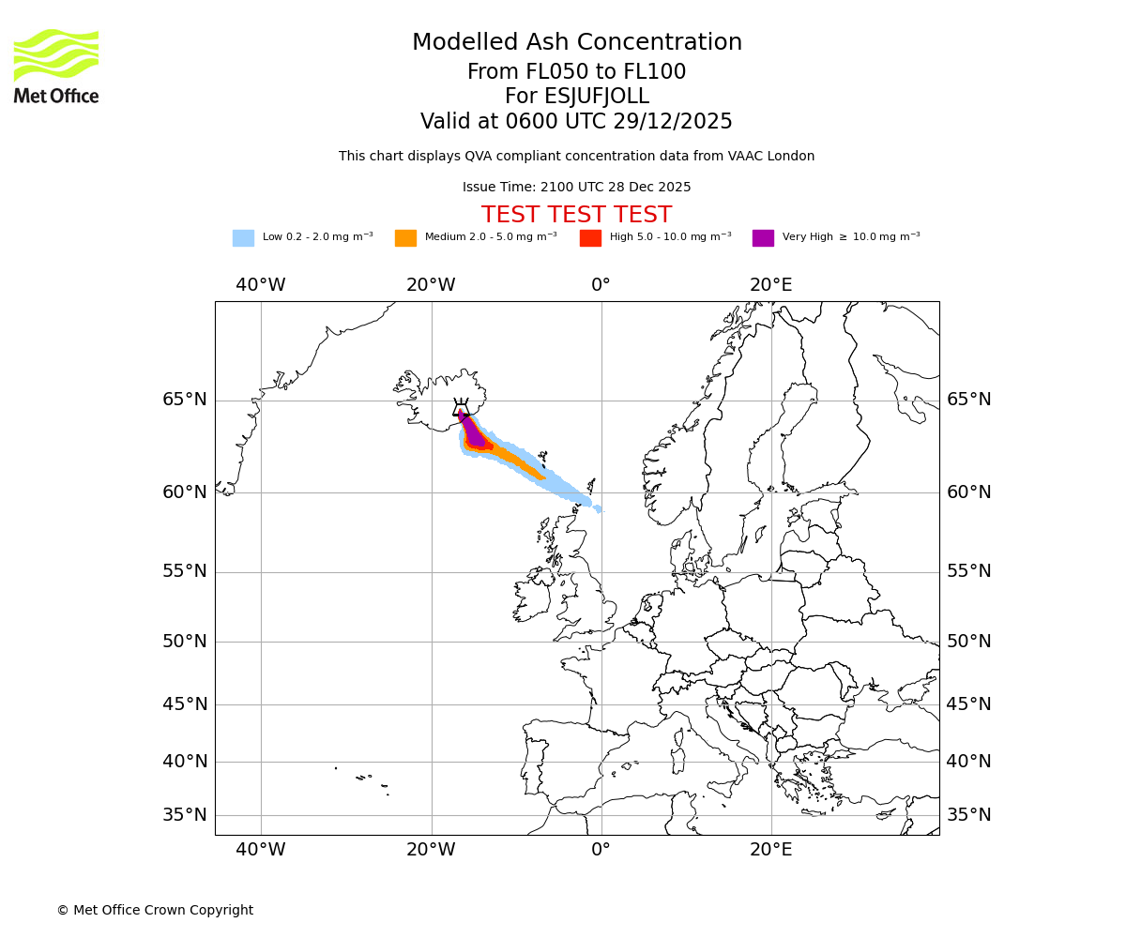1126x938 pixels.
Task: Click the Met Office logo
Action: (56, 66)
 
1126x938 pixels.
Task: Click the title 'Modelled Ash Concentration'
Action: (577, 43)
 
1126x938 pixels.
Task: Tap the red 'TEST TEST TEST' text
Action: (576, 216)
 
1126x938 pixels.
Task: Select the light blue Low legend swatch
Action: (243, 238)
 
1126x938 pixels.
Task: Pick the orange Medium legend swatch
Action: (405, 238)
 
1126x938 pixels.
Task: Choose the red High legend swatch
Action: (590, 238)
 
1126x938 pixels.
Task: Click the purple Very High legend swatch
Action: (763, 238)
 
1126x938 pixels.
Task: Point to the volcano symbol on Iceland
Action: (461, 408)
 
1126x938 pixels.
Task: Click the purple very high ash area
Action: (474, 434)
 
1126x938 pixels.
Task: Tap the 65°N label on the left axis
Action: (185, 400)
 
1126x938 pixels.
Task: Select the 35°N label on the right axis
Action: (968, 815)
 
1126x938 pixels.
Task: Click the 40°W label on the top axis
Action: (261, 285)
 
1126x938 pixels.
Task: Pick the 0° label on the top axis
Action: (601, 285)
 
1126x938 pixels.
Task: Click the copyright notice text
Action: (155, 911)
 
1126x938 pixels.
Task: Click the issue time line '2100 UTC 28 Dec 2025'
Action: (576, 188)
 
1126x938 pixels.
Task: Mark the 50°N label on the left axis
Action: (185, 642)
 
